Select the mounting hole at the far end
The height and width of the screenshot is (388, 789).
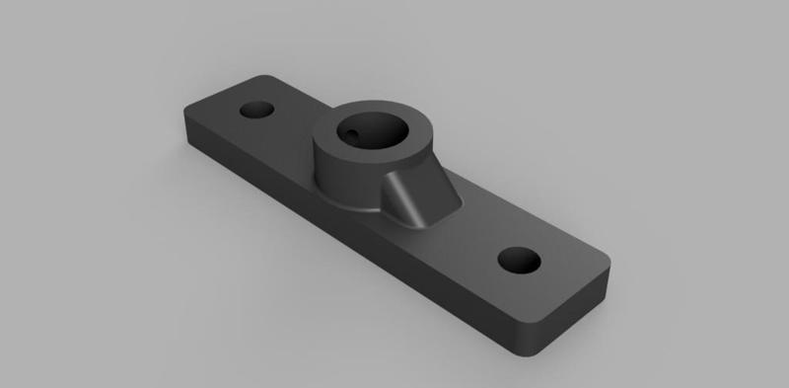pyautogui.click(x=259, y=108)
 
